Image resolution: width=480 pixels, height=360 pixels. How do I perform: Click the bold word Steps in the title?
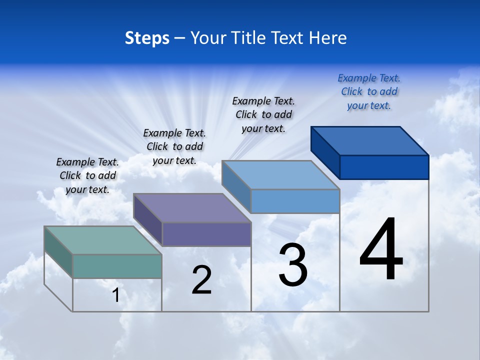click(147, 38)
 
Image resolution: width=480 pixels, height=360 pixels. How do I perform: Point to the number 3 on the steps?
click(293, 265)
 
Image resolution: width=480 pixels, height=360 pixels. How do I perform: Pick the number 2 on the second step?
click(201, 280)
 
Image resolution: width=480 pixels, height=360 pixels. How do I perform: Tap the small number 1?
click(116, 295)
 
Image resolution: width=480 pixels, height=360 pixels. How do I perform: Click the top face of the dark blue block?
click(369, 141)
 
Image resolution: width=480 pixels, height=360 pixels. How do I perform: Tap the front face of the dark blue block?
click(384, 167)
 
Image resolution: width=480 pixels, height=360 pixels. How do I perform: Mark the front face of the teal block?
click(117, 266)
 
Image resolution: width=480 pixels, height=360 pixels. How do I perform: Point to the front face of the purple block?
click(206, 234)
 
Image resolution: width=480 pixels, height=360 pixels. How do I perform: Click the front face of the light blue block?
click(295, 201)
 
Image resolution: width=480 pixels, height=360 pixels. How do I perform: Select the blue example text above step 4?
click(369, 92)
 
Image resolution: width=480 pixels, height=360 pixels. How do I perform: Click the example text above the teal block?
click(87, 175)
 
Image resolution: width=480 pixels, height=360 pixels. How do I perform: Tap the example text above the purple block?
click(174, 146)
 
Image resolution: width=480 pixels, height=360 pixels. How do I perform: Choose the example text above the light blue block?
click(263, 114)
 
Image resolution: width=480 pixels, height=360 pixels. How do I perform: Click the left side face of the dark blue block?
click(325, 152)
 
